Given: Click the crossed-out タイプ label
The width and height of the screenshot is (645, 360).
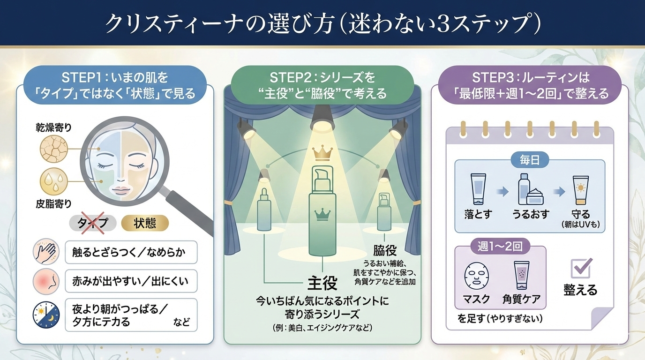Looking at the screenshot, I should point(92,223).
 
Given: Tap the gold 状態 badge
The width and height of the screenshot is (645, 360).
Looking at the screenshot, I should point(145,223).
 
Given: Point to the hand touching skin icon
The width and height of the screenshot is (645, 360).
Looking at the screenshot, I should point(46,253).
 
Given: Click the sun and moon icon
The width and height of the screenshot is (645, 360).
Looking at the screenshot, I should point(46,315).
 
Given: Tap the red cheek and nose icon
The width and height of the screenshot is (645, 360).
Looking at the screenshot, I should point(46,282).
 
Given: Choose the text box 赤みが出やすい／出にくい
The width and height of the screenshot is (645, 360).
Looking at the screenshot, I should point(131,281).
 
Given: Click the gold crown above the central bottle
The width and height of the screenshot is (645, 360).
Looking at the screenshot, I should point(322,153).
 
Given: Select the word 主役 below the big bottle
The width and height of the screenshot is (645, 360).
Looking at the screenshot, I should point(322,283).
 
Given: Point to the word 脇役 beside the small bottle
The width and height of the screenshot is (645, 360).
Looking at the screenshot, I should point(385,249).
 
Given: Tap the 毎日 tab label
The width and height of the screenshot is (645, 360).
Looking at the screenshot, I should point(530,160).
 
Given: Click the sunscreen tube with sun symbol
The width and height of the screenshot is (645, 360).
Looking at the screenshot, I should point(580,190).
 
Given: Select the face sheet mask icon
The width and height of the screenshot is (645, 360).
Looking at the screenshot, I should point(476,277).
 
